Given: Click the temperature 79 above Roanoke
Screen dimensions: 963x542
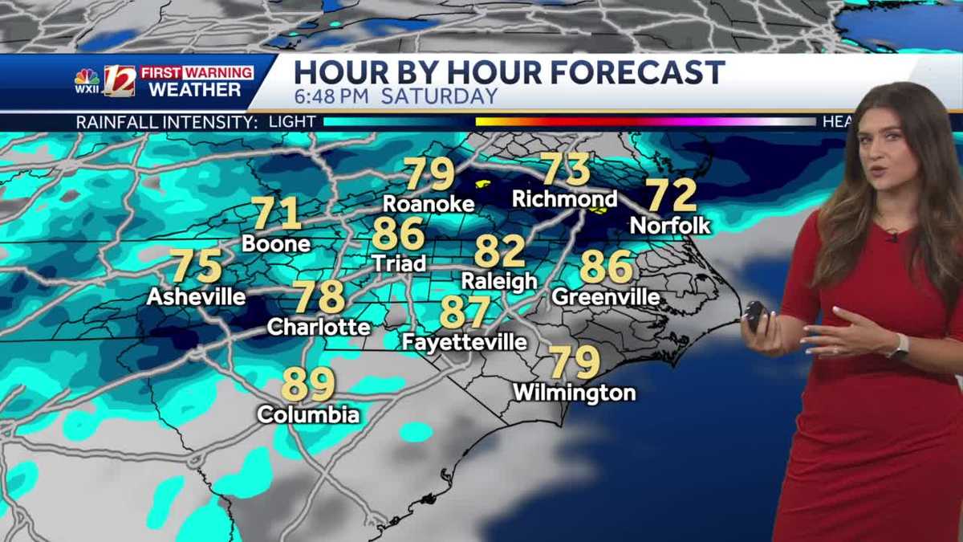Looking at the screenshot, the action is tap(429, 173).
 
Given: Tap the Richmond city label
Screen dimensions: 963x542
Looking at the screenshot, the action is tap(565, 198).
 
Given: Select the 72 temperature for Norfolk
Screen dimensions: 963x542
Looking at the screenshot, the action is tap(671, 195).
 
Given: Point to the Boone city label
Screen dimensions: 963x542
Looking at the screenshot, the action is tap(276, 242).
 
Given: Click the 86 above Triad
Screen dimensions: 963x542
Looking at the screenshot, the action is tap(398, 234).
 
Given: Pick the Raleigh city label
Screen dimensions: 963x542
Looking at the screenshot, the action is tap(499, 281).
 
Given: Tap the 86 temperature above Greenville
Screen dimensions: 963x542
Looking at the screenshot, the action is tap(606, 267).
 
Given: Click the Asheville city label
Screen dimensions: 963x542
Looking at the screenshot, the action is tap(197, 296).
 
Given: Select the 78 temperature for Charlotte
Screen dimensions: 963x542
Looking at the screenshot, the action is tap(319, 297).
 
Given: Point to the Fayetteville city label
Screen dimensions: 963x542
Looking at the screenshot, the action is tap(465, 342).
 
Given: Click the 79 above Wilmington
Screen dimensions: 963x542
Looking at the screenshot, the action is tap(575, 363).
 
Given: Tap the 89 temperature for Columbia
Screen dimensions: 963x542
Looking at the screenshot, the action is tap(308, 385).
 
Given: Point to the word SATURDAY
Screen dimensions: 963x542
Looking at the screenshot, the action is tap(439, 96).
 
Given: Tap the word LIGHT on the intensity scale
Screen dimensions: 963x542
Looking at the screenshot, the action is tap(293, 122).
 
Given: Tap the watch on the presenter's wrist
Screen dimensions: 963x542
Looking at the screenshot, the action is tap(899, 346).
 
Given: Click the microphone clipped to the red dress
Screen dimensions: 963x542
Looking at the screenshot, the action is tap(892, 236).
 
